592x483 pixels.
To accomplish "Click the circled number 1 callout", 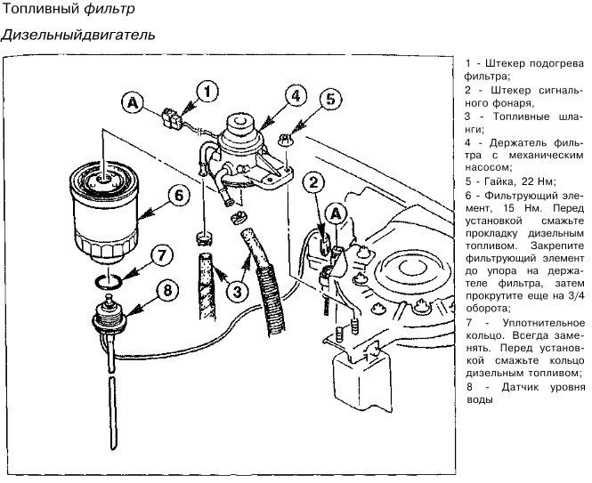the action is [207, 92].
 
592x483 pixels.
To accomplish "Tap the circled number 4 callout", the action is [296, 96].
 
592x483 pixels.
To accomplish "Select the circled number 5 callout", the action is [330, 100].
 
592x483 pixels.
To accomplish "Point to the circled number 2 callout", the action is [313, 183].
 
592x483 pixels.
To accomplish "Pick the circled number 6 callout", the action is [179, 196].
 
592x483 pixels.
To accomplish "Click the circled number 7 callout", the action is [162, 256].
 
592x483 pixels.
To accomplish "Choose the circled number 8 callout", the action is [167, 291].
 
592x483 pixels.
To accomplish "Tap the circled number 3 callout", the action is [238, 291].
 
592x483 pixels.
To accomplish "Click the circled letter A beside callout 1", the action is [133, 103].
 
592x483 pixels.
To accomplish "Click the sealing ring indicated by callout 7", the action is [108, 282].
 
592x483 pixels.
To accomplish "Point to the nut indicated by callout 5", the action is [286, 141].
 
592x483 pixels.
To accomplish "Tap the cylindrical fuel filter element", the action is [103, 213].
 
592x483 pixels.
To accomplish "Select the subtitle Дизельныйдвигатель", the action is [77, 35].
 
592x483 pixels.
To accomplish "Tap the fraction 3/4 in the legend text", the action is [576, 296].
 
